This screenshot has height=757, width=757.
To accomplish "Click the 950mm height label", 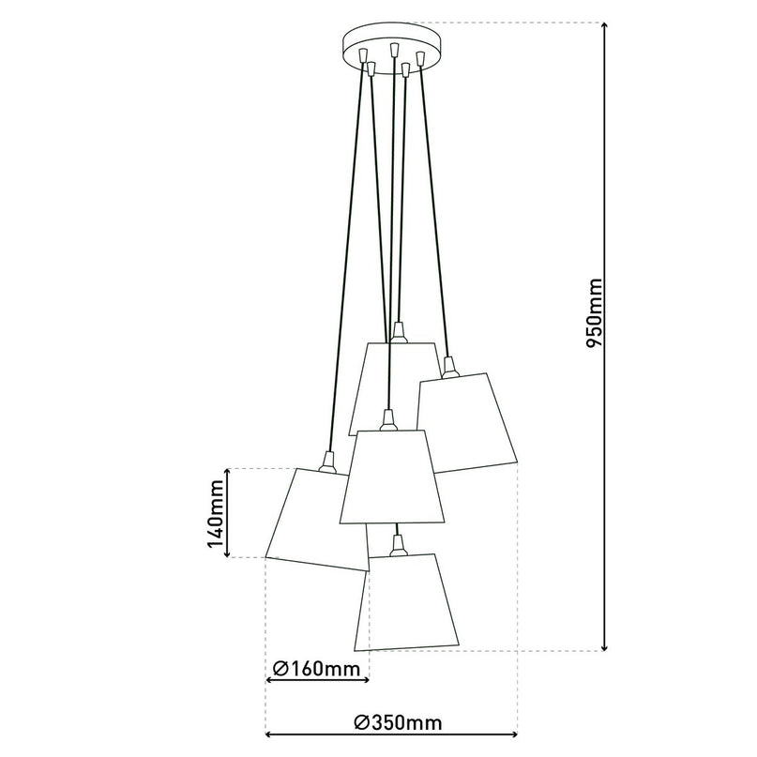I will coord(593,313).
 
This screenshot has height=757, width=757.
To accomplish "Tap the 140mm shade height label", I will coord(215,512).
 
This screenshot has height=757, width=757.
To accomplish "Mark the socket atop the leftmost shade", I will coord(326,459).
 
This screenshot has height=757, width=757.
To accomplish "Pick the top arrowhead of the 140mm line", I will coord(229,472).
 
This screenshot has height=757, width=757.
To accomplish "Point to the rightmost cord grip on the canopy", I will coord(421,57).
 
